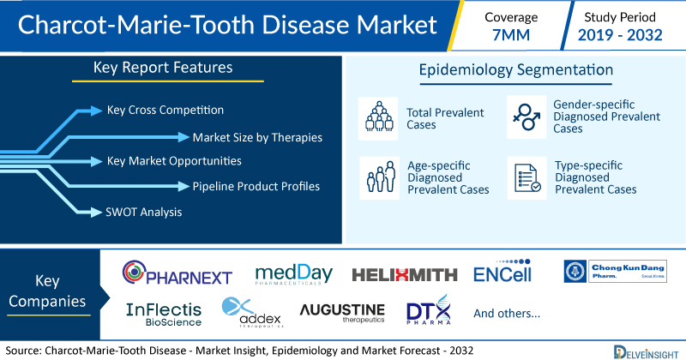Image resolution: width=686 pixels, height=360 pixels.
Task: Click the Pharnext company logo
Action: [x=178, y=272]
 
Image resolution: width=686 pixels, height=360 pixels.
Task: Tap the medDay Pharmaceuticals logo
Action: [x=293, y=274]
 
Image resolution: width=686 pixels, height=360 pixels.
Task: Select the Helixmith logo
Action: [x=405, y=274]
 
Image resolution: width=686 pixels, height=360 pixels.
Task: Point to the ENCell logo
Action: [x=502, y=271]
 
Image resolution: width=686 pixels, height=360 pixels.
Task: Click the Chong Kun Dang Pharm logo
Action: [x=615, y=271]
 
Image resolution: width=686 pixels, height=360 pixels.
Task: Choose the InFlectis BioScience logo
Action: [x=164, y=315]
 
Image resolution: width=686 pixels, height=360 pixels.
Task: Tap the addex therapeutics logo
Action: [x=252, y=312]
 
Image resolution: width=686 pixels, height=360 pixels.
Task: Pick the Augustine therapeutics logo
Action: [x=342, y=313]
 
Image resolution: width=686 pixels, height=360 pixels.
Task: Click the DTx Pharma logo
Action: [x=429, y=309]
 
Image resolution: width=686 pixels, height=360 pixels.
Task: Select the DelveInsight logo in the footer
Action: [x=646, y=352]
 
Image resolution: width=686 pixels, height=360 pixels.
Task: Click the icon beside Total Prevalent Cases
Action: [x=378, y=118]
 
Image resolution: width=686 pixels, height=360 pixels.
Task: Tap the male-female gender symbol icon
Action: [x=527, y=117]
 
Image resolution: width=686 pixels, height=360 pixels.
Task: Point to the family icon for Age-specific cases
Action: [x=380, y=177]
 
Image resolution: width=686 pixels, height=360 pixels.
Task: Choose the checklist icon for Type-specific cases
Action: [x=527, y=177]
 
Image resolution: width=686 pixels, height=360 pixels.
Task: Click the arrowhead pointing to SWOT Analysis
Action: [x=96, y=213]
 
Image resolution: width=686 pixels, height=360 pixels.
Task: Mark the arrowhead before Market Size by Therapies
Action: [x=184, y=137]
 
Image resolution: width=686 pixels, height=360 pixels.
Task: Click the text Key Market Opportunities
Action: [x=174, y=161]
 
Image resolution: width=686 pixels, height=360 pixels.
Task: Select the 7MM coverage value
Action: [x=511, y=35]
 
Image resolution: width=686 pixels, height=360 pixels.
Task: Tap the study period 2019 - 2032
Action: [x=620, y=35]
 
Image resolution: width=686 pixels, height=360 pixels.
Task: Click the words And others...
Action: [x=507, y=313]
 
